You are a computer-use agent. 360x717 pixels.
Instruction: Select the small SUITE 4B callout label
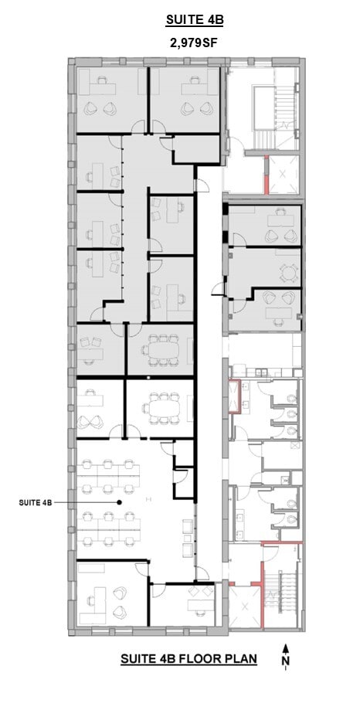(36, 502)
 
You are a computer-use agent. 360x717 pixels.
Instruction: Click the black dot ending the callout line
(119, 502)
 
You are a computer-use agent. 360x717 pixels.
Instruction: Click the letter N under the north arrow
(286, 663)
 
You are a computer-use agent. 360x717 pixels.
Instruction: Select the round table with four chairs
(289, 272)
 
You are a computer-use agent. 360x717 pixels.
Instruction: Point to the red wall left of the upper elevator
(267, 175)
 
